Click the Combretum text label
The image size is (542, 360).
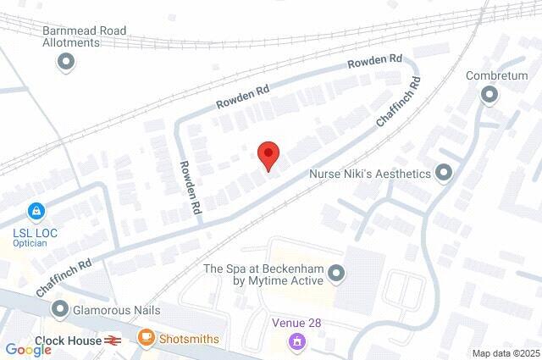click(x=496, y=75)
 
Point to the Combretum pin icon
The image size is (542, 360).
click(x=489, y=95)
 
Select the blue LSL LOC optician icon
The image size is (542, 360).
click(x=36, y=209)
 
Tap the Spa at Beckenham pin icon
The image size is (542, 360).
click(x=337, y=273)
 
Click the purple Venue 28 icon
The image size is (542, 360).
click(x=297, y=341)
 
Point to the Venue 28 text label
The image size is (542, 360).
click(x=297, y=323)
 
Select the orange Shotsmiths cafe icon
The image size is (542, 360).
click(x=147, y=338)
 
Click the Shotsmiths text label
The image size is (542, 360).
click(x=189, y=339)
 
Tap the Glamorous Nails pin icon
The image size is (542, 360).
click(x=59, y=311)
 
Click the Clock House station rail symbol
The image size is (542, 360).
click(x=112, y=340)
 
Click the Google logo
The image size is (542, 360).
click(x=28, y=349)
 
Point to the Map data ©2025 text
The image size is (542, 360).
click(x=505, y=353)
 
